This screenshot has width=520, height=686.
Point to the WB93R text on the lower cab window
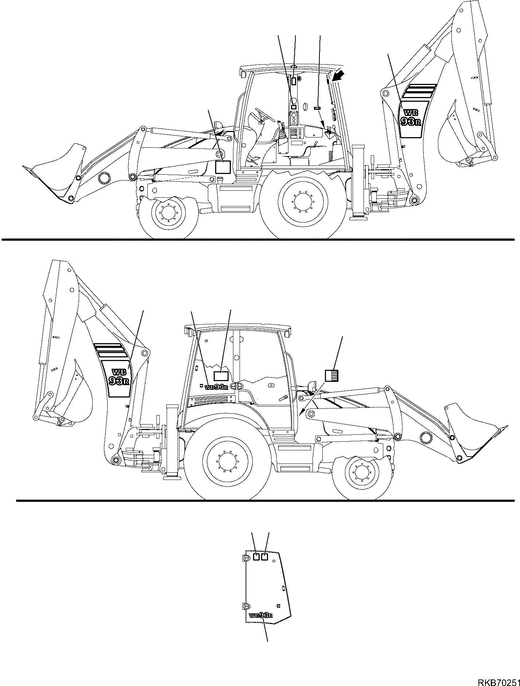coord(217,387)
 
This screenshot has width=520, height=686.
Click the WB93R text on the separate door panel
coord(261,616)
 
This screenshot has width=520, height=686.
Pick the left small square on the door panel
coord(256,566)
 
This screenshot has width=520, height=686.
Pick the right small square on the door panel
coord(265,566)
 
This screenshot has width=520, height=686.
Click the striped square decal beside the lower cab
coord(332,376)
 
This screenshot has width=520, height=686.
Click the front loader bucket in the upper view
coord(58,171)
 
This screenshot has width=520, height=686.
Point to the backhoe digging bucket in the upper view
coord(456,139)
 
